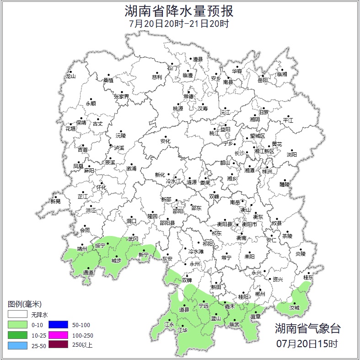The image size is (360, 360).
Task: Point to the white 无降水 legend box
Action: coord(17,315)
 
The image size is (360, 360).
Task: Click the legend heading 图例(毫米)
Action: coord(25,304)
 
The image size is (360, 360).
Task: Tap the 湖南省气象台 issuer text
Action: coord(307,328)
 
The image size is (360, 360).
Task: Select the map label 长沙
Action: coord(239,153)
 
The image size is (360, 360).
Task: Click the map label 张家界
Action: coord(121,97)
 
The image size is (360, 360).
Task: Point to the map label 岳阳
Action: coord(263,81)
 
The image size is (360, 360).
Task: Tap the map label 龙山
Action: coord(70,76)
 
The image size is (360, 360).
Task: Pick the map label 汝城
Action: coord(294,308)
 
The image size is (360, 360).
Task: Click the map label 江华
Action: coord(182,330)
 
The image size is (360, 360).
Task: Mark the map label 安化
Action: coord(165,141)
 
